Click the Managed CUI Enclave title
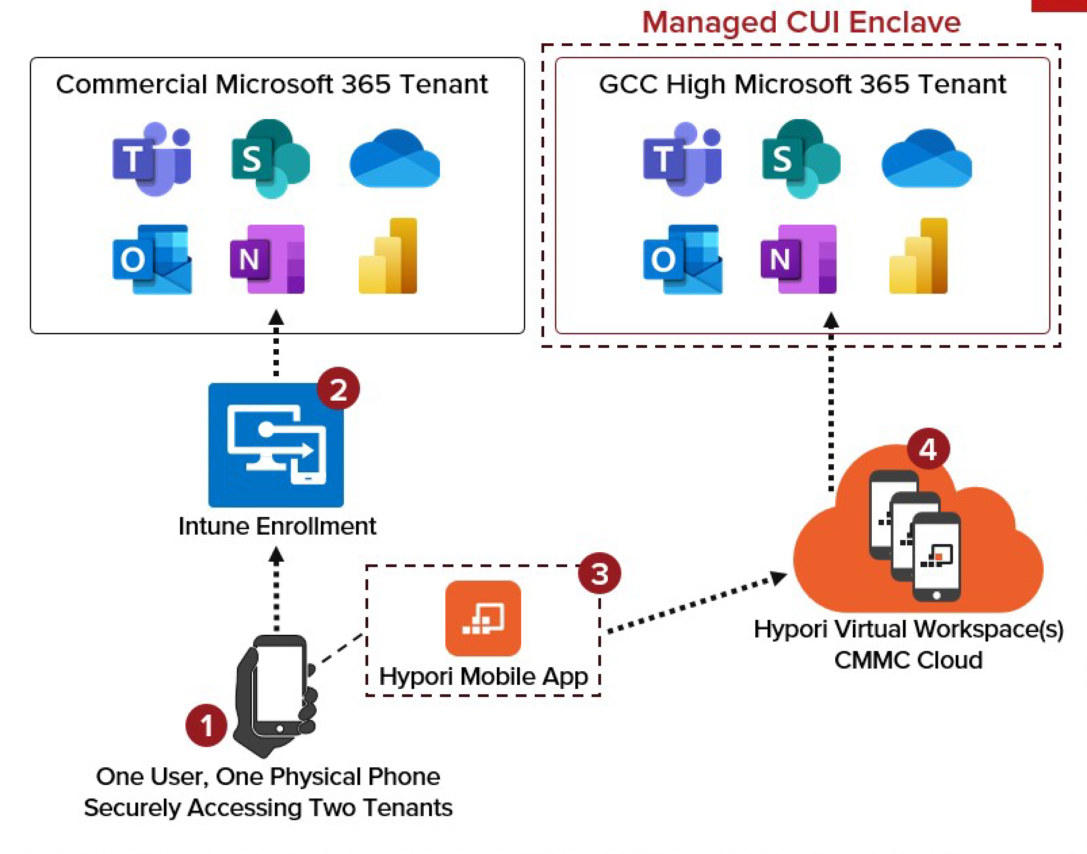click(801, 23)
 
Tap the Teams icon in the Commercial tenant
click(152, 159)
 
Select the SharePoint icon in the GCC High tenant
click(800, 159)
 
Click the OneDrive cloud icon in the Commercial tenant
click(394, 159)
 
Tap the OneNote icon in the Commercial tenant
click(268, 259)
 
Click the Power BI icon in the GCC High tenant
click(918, 256)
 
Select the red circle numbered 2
click(338, 389)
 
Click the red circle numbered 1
click(206, 725)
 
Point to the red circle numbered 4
click(928, 448)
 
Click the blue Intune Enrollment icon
click(276, 445)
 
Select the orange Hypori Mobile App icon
click(483, 619)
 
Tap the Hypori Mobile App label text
click(483, 677)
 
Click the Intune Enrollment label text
click(277, 526)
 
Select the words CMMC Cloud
click(908, 660)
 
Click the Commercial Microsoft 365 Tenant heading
click(272, 84)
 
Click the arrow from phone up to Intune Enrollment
click(277, 590)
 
